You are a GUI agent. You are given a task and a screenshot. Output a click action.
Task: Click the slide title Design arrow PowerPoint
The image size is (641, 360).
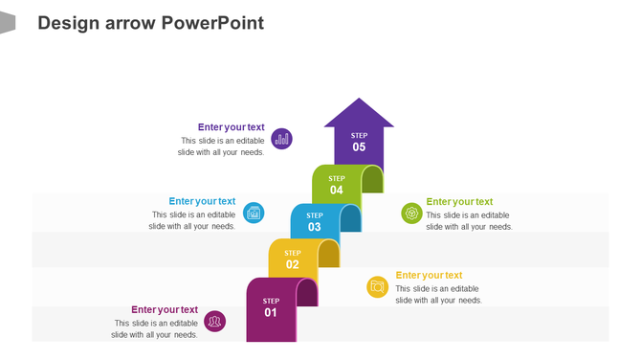point(150,23)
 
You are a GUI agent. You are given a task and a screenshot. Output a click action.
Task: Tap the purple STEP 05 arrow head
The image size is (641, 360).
point(359,115)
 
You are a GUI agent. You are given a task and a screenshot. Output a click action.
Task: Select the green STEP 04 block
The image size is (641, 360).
point(336,185)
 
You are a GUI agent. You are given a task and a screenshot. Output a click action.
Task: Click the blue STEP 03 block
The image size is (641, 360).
point(314,222)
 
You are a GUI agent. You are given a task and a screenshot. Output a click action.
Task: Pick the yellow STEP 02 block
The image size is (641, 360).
point(292,259)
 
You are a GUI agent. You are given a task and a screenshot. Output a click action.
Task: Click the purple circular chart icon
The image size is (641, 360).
point(281,139)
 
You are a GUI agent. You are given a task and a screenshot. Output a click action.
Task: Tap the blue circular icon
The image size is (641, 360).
point(254,213)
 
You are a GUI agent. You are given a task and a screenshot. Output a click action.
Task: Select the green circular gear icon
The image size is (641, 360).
point(411,213)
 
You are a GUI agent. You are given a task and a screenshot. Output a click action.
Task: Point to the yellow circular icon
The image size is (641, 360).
point(378,286)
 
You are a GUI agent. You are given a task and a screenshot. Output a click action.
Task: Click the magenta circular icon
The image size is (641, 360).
point(215,321)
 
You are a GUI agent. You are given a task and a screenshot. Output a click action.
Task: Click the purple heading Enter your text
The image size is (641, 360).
point(232,126)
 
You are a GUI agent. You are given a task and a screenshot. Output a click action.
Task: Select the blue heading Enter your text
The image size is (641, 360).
point(202,201)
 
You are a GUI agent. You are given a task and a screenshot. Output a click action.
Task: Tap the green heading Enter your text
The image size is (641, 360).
point(459,201)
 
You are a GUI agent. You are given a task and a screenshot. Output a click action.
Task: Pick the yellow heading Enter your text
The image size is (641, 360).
point(429,275)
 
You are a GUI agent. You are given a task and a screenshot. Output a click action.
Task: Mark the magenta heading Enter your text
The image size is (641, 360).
point(165,309)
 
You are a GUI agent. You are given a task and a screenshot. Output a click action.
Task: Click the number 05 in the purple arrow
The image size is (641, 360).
point(359,147)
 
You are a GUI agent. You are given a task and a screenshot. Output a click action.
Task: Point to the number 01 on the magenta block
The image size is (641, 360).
point(271,313)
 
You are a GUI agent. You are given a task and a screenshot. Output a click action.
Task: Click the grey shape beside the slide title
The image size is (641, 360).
point(7,22)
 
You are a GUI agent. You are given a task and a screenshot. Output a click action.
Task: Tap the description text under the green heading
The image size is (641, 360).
point(469,221)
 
